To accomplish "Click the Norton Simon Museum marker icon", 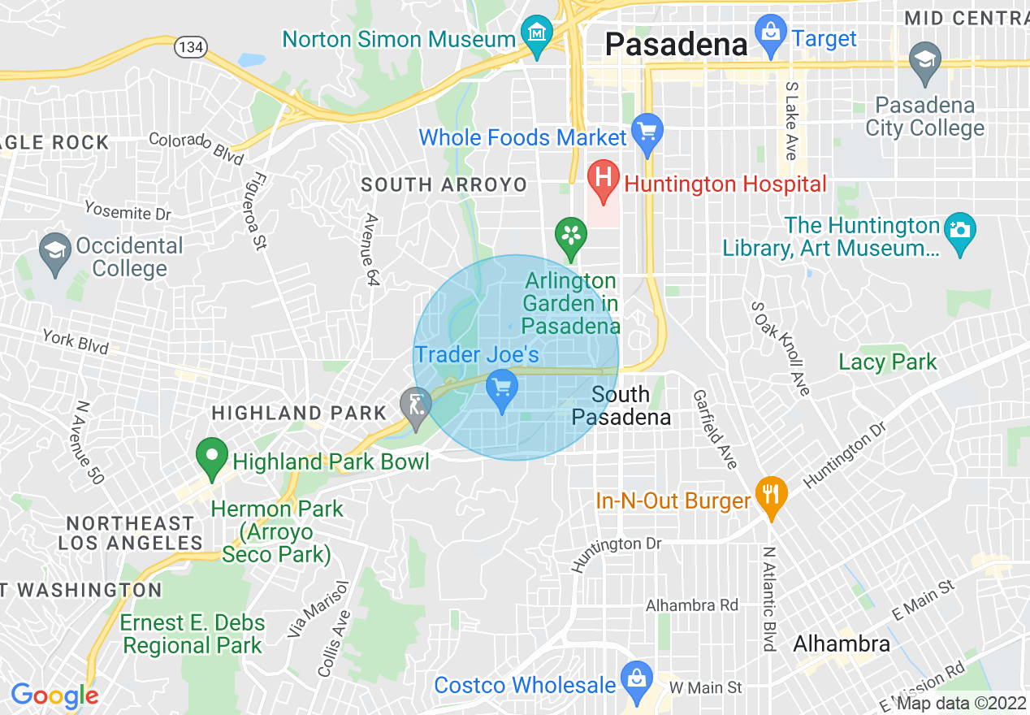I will click(536, 35).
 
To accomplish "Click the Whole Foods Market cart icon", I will click(647, 132).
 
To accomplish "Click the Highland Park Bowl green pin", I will click(212, 457).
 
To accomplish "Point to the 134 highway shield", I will click(192, 47).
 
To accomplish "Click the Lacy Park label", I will click(888, 362).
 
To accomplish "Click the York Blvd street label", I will click(76, 341).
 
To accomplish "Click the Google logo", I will click(54, 695).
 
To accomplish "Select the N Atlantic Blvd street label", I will click(768, 599).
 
